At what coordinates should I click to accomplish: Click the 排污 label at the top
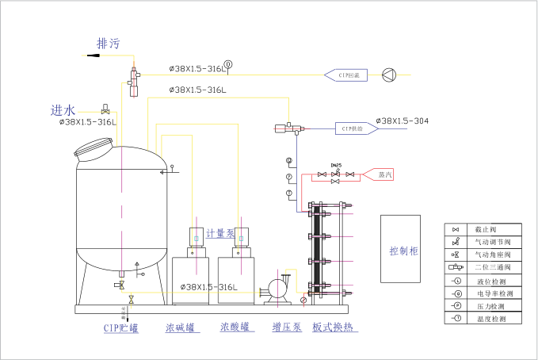108,44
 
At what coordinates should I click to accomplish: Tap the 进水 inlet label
63,109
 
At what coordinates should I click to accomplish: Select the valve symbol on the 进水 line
105,108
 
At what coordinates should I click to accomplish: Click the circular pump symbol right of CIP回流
388,75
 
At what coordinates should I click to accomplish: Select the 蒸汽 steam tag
384,174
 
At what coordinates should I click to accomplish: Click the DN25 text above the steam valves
336,166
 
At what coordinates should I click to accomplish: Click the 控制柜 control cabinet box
404,249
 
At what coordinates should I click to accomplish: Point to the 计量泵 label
219,233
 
